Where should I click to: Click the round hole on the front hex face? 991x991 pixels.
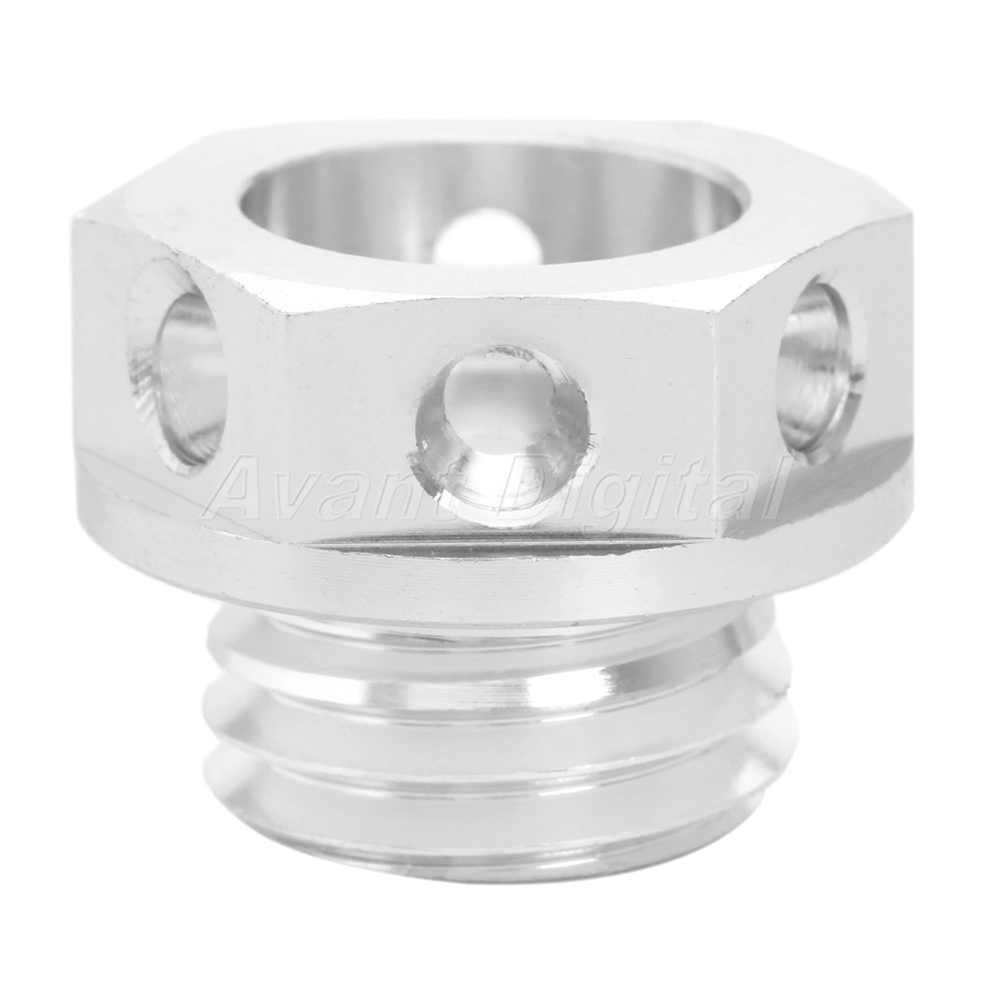coord(503,433)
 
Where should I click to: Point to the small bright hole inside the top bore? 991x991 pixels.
coord(487,240)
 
